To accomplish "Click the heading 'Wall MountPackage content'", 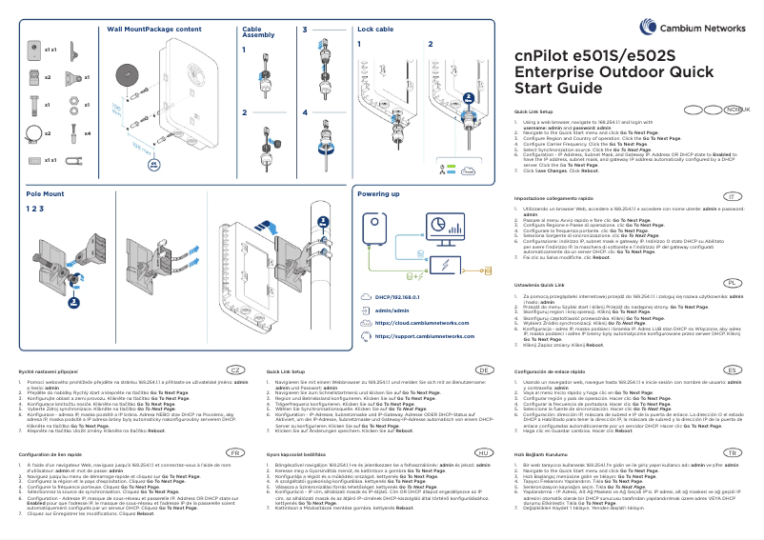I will coord(153,30).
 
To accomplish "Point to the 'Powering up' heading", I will coord(378,193).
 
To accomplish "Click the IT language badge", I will coord(732,195).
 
